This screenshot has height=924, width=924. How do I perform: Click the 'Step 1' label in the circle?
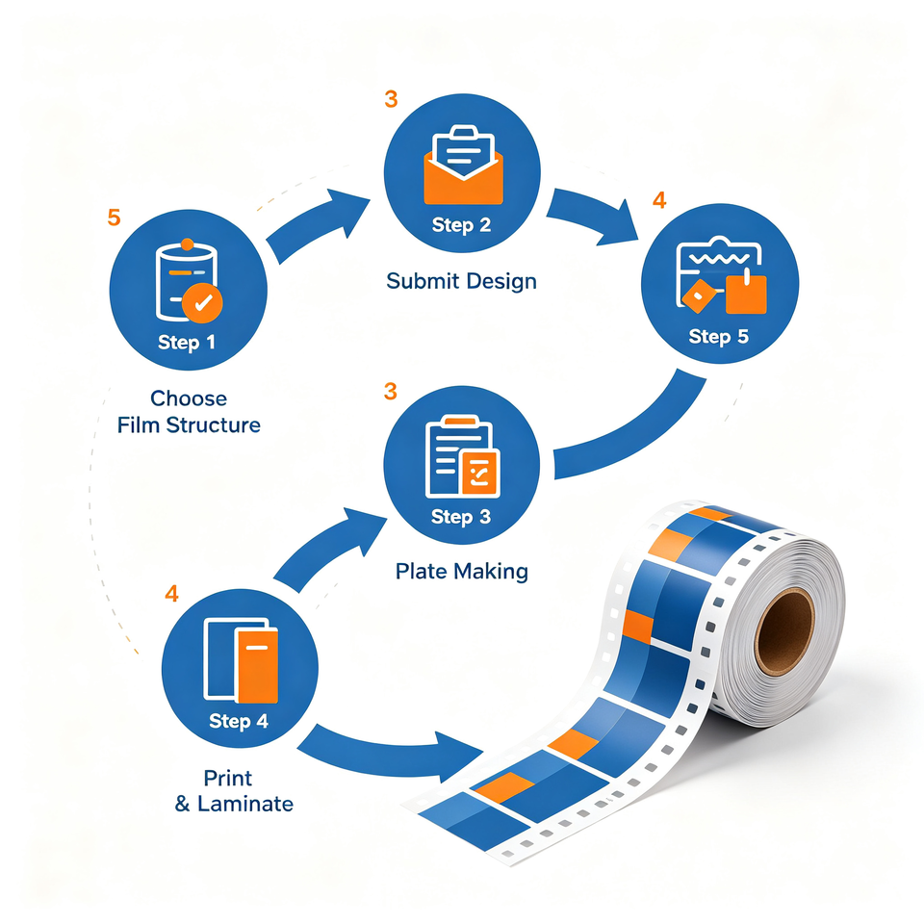point(186,343)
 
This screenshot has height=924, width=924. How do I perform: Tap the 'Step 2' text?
point(461,225)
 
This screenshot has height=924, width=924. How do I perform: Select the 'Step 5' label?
point(718,337)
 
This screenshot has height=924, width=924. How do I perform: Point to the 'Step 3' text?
point(461,517)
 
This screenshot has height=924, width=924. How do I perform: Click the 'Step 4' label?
point(239,721)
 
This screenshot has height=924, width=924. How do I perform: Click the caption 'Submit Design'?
point(461,281)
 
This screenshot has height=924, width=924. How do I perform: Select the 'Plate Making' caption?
point(461,571)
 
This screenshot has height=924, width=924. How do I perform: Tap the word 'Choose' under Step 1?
point(189,398)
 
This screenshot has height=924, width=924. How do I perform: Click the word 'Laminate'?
point(245,804)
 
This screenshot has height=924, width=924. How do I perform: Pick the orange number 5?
point(114,218)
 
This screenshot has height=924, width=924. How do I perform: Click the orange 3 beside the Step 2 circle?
point(391,99)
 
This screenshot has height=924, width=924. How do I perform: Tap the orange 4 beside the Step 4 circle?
point(171,594)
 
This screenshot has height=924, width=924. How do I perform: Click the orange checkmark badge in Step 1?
point(202,303)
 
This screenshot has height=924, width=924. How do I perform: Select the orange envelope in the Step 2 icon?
point(463,180)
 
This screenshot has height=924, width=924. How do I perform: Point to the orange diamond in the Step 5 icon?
point(699,295)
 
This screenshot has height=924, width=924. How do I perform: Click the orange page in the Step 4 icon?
point(256,666)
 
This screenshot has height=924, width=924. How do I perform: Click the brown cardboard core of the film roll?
point(785,631)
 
